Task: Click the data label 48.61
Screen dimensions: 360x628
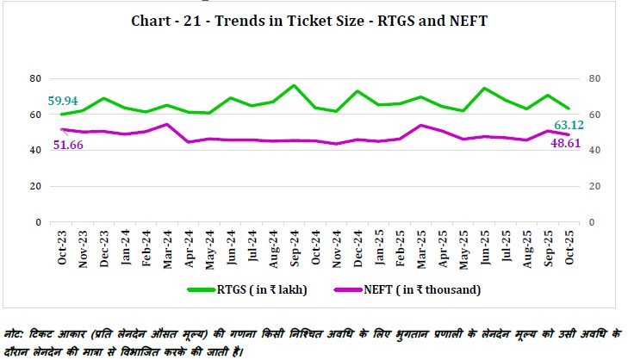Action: coord(565,147)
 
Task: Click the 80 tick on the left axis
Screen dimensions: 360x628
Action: coord(36,78)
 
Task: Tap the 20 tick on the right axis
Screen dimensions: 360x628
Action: coord(594,186)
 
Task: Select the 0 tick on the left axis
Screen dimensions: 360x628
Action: coord(39,222)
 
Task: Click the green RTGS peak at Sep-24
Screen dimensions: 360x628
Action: coord(294,86)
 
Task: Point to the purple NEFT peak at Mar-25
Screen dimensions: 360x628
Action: coord(420,125)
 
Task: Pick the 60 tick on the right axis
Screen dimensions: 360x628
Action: coord(594,115)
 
